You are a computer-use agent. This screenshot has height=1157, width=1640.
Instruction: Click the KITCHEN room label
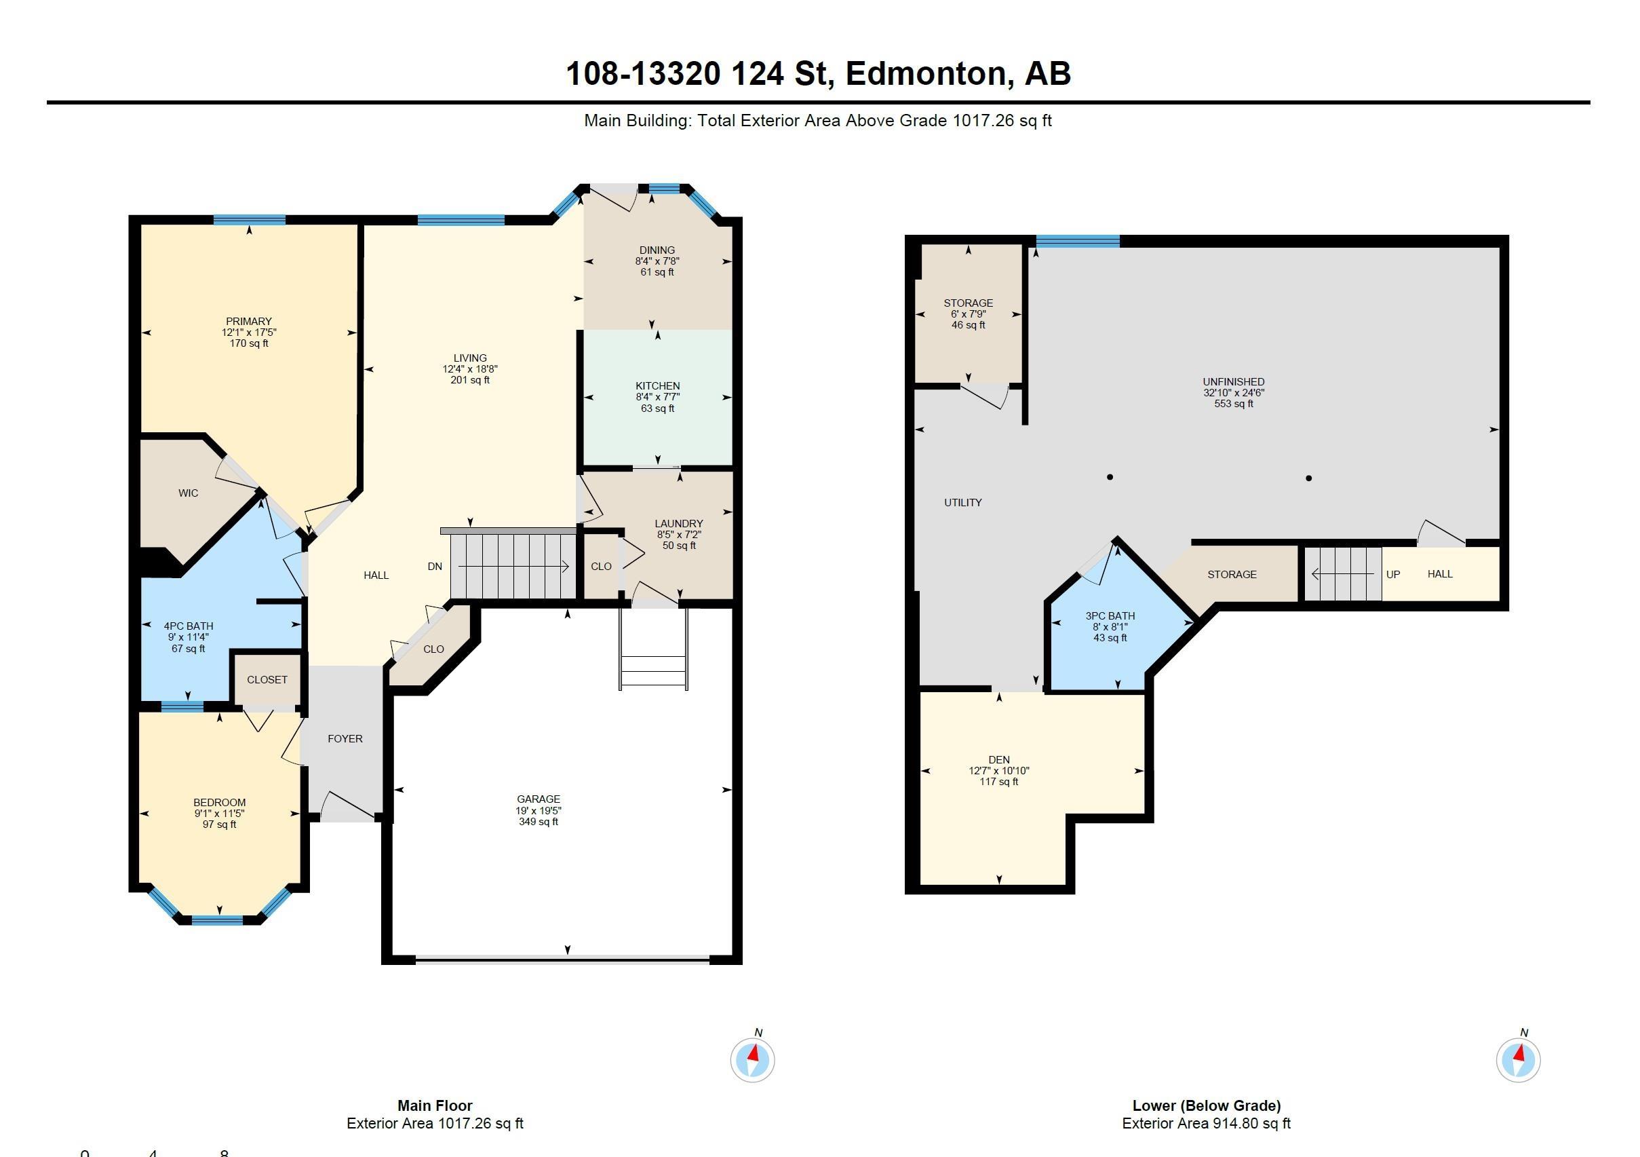click(657, 386)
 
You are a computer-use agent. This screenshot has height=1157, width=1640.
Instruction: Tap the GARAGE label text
click(539, 799)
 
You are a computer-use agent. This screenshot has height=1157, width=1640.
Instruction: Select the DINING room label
click(657, 250)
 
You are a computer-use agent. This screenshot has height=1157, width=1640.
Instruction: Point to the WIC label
click(189, 493)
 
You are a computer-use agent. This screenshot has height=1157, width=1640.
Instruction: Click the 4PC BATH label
click(189, 626)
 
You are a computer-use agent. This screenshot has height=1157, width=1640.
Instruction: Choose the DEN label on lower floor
click(998, 759)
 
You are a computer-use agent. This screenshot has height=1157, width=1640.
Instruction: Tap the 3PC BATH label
click(1110, 616)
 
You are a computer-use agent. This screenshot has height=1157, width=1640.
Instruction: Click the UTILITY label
click(963, 502)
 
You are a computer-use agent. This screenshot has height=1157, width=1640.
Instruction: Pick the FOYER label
click(345, 738)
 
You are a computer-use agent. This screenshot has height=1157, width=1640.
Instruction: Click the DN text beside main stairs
click(435, 567)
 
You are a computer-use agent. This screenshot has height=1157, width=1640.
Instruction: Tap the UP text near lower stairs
click(1393, 575)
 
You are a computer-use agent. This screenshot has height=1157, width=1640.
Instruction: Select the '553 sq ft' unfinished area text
click(1234, 404)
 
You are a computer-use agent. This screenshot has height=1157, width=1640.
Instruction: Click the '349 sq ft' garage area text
click(539, 822)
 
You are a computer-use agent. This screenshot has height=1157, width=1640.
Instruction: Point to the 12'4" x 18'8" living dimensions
click(470, 369)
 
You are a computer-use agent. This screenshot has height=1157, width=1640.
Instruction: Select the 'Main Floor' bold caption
click(435, 1105)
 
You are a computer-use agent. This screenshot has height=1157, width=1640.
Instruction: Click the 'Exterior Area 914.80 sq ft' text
click(1207, 1124)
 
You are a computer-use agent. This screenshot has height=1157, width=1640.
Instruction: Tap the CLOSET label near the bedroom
click(267, 680)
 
